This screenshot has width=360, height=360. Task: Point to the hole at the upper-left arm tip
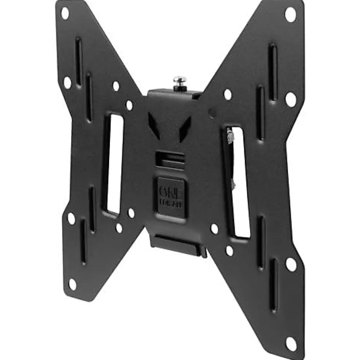(65, 13)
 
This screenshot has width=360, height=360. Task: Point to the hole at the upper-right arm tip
(290, 15)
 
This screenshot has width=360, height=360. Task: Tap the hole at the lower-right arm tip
(291, 344)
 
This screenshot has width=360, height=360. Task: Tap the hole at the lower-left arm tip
(72, 284)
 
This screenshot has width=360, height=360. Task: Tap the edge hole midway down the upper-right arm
(290, 99)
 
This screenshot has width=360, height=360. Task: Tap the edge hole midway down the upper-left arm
(67, 82)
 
